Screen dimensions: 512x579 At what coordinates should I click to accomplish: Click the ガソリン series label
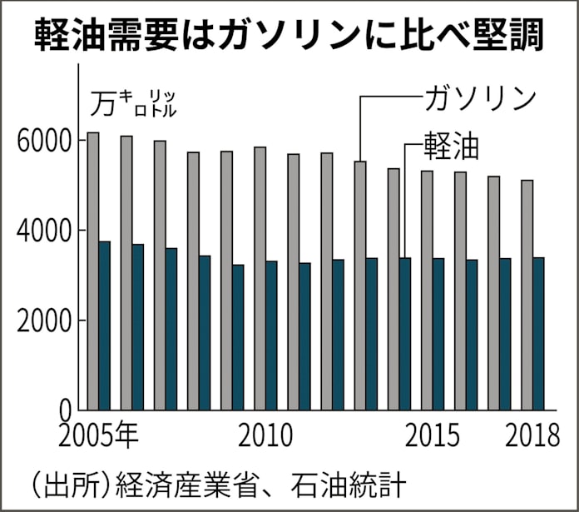click(x=479, y=98)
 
